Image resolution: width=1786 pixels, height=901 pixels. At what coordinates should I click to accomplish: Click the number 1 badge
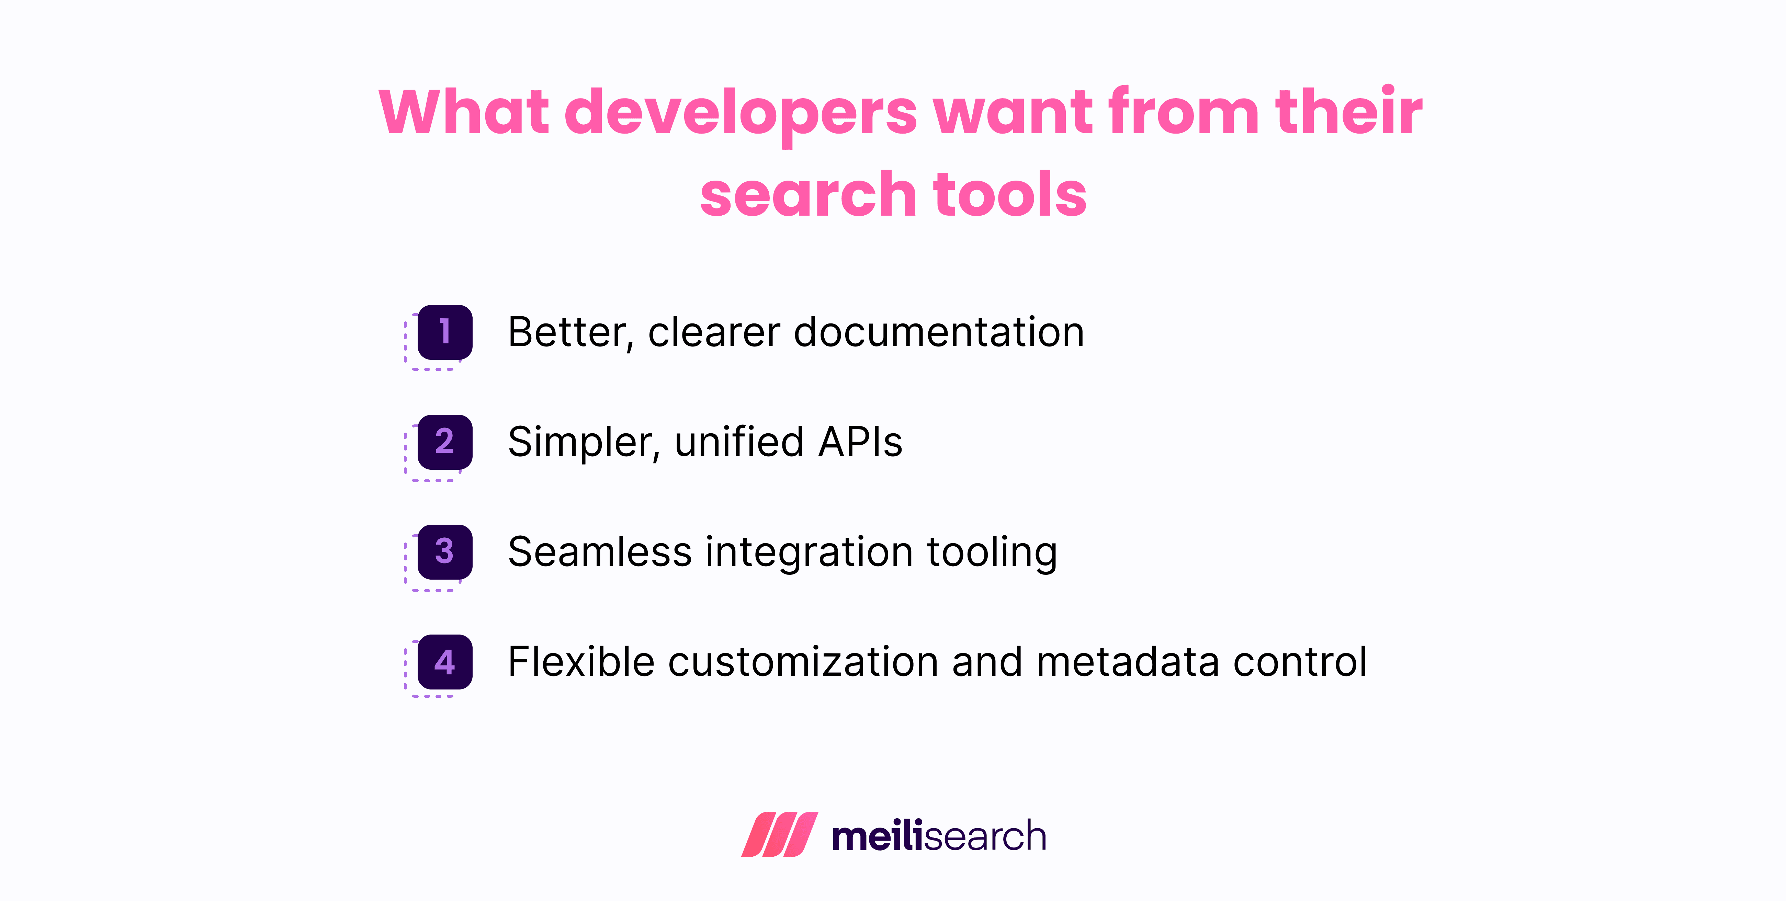(444, 332)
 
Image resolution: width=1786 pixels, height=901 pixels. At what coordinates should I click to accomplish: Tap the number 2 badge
(444, 442)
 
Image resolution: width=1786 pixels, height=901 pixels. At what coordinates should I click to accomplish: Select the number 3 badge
(444, 552)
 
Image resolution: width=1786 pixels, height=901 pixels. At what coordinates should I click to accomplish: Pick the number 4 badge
(444, 662)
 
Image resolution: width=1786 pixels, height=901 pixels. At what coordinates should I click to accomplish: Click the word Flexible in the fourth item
(581, 662)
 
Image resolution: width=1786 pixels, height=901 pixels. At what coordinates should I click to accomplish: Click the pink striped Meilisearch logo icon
(779, 834)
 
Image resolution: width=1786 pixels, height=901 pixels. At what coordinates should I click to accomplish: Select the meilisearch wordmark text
(939, 836)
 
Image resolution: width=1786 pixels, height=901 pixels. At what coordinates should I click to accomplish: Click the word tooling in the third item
(992, 552)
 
